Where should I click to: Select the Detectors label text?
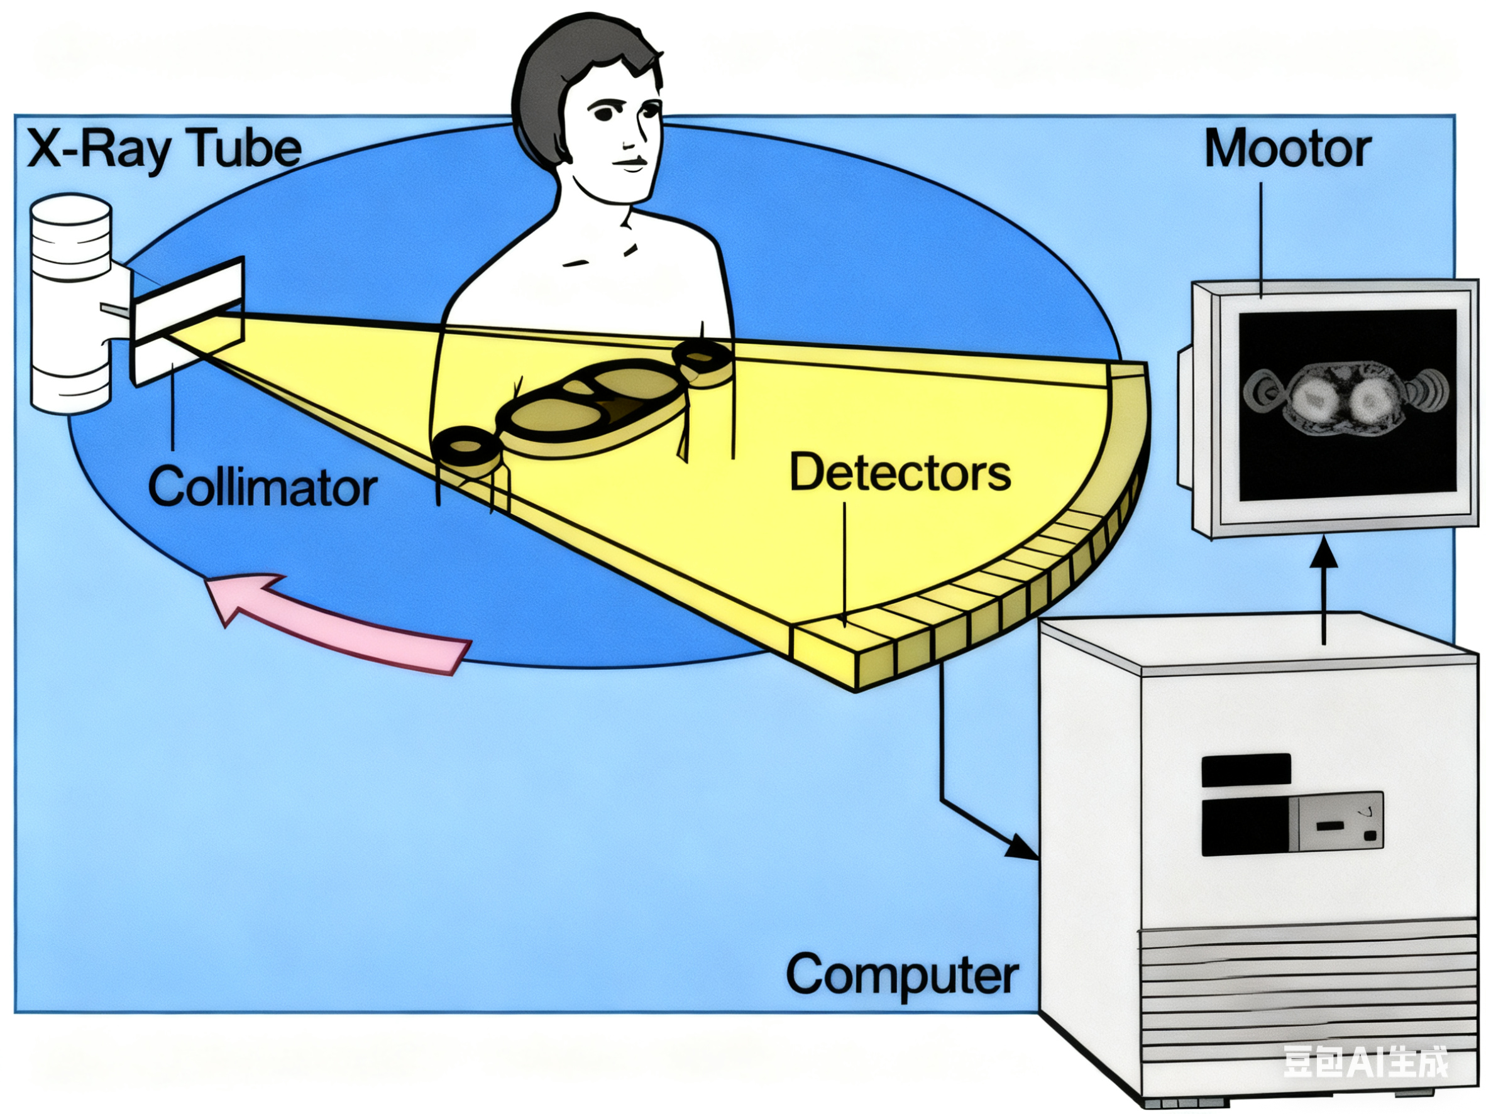point(900,473)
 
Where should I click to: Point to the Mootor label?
point(1287,149)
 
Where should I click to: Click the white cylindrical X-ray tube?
point(70,302)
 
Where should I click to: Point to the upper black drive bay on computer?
point(1245,770)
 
